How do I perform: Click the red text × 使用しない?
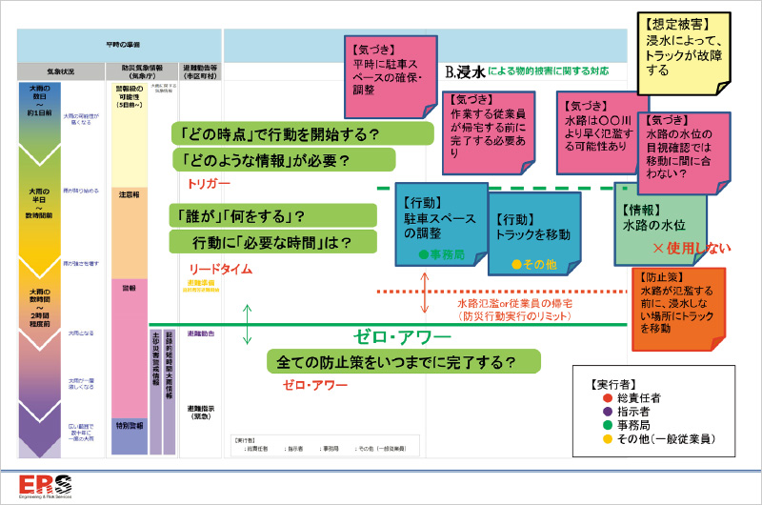click(x=692, y=250)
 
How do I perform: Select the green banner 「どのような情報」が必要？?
click(x=283, y=159)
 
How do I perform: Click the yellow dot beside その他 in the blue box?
click(x=517, y=264)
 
